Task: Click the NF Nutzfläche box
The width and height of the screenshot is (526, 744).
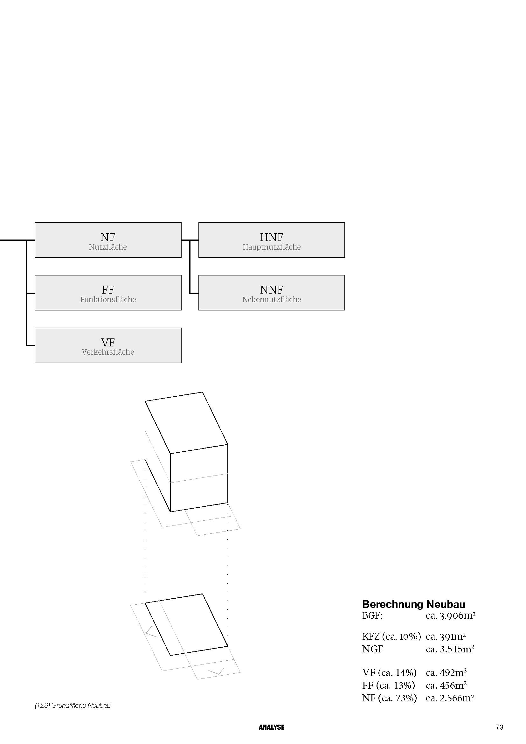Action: pos(108,240)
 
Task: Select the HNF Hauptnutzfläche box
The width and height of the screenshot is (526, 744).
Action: pos(271,240)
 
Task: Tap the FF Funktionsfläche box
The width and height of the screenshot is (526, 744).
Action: pos(108,293)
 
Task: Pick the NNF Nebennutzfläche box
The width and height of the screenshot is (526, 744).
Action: pos(271,293)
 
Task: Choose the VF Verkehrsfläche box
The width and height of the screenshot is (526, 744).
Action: pos(108,345)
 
